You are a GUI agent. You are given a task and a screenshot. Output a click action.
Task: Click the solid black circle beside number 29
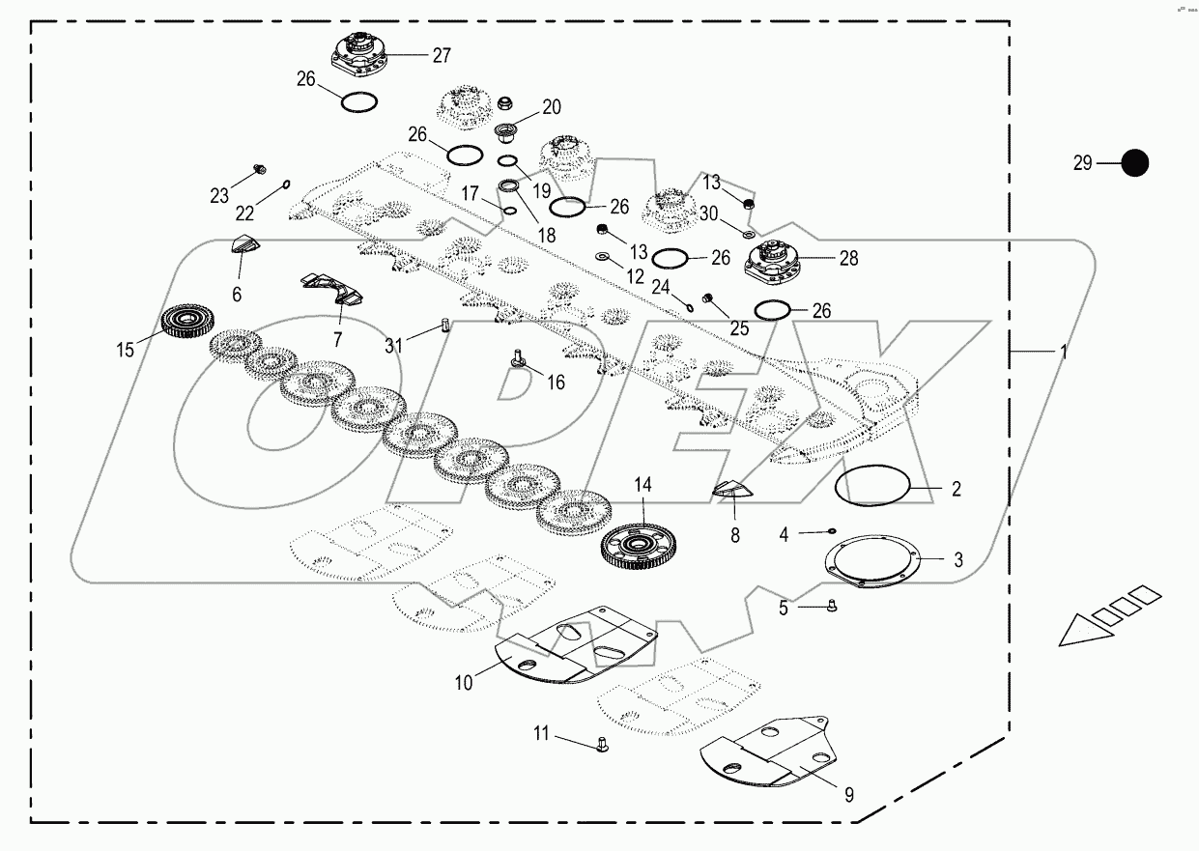(x=1134, y=163)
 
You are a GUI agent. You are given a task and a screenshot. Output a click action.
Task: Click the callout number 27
(x=441, y=55)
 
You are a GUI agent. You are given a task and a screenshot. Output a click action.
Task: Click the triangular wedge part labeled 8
(x=730, y=490)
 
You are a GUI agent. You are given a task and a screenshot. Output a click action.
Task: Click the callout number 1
(x=1063, y=354)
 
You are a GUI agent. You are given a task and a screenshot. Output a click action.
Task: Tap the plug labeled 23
(x=258, y=171)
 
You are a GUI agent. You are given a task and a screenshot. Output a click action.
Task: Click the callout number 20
(x=551, y=107)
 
